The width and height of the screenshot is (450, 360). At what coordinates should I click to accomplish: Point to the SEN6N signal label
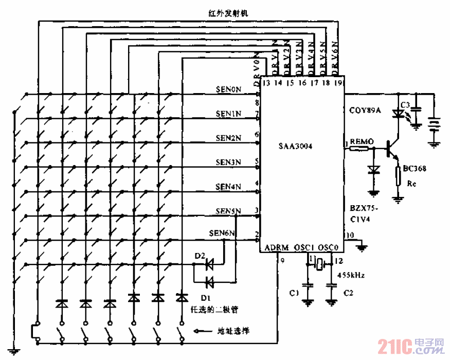(x=222, y=233)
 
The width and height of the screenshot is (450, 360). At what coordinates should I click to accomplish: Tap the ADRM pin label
(x=277, y=248)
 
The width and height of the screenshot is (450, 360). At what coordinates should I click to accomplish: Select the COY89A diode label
(x=365, y=110)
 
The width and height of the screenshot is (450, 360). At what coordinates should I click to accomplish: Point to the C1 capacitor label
(x=294, y=293)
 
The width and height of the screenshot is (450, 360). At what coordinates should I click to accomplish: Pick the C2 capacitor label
(x=348, y=293)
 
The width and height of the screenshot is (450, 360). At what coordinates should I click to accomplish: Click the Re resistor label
(x=411, y=183)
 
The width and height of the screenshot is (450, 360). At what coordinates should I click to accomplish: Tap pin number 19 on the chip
(x=338, y=82)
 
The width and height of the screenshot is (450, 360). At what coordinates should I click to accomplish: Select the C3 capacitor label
(x=406, y=105)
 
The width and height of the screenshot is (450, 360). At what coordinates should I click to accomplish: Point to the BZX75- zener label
(x=363, y=208)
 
